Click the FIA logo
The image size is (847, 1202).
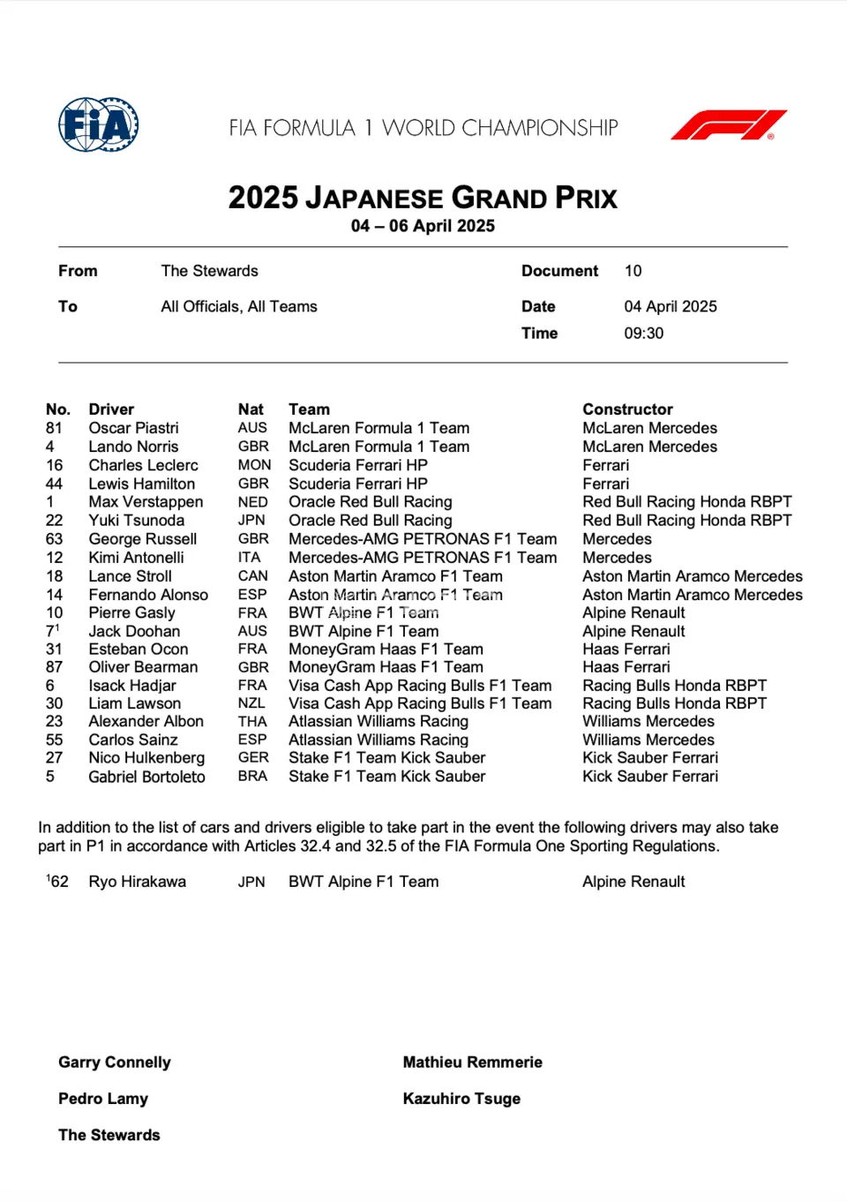tap(98, 124)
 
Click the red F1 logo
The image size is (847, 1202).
tap(729, 124)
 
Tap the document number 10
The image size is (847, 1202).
tap(633, 271)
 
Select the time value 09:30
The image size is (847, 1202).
tap(643, 334)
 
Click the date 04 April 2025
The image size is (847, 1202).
tap(670, 306)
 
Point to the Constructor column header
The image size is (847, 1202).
tap(627, 409)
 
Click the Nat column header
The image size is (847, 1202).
tap(251, 409)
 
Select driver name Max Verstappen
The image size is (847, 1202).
tap(146, 502)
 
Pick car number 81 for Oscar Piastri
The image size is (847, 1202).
tap(54, 428)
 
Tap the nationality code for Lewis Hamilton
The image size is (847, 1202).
tap(253, 484)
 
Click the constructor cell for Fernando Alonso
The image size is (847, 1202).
tap(692, 595)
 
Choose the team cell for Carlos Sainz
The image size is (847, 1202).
tap(378, 740)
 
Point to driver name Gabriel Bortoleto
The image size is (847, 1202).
tap(146, 777)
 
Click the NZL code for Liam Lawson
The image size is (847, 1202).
tap(251, 703)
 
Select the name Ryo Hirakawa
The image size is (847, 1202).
tap(137, 882)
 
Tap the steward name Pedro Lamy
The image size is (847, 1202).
tap(103, 1099)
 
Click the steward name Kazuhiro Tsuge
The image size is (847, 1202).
tap(461, 1099)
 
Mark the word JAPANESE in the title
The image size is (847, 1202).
tap(374, 198)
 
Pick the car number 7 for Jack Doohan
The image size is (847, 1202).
tap(50, 632)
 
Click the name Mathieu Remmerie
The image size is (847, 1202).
tap(472, 1063)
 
